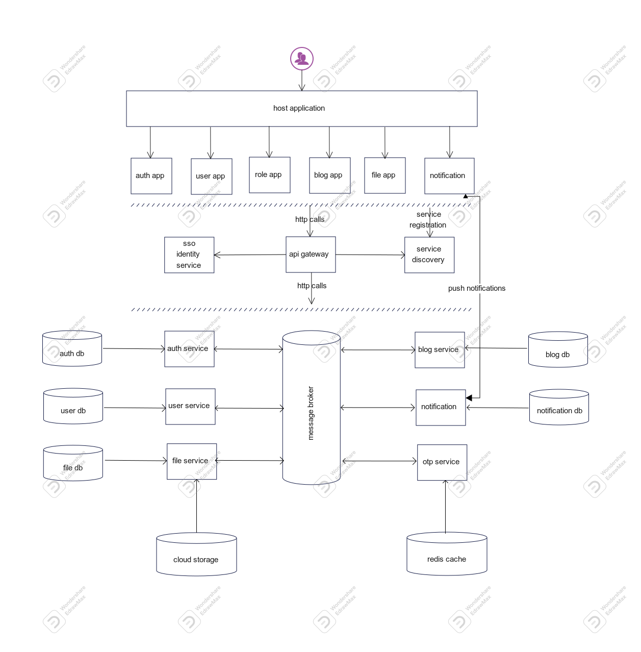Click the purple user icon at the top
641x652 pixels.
[x=302, y=59]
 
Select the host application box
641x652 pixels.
[x=301, y=109]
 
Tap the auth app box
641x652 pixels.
[x=151, y=176]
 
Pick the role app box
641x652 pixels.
[x=269, y=175]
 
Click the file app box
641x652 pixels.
[x=384, y=175]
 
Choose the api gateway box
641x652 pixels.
[x=311, y=255]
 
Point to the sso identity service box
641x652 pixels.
[x=189, y=255]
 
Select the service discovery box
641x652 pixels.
[x=429, y=255]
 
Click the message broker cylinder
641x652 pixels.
[x=311, y=408]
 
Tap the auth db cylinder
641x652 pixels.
[x=72, y=349]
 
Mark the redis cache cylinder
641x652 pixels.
[x=447, y=554]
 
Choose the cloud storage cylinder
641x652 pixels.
[x=196, y=555]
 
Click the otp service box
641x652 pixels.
[x=442, y=462]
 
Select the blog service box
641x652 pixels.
[x=440, y=350]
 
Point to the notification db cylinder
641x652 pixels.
[x=559, y=408]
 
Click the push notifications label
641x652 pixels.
[x=477, y=288]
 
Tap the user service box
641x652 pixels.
[x=190, y=407]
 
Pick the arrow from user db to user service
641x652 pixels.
[x=135, y=408]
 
